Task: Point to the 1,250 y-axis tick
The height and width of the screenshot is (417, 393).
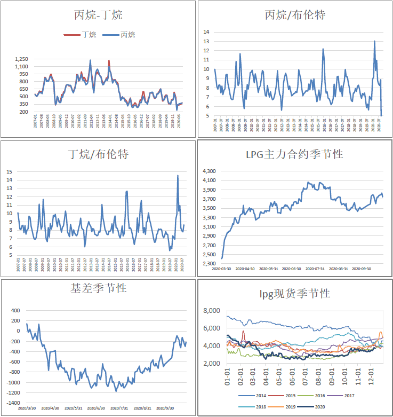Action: coord(21,59)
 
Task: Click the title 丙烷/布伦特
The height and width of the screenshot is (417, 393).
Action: coord(295,15)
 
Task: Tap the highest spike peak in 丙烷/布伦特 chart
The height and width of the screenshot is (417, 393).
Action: coord(374,41)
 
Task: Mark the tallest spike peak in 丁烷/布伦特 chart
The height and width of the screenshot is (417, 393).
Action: coord(178,176)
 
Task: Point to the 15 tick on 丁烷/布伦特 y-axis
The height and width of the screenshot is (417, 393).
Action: coord(9,171)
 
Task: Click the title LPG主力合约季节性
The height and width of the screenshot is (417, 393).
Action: coord(295,154)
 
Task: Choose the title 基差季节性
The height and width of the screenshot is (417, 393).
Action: coord(99,288)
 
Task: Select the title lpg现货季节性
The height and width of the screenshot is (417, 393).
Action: coord(295,294)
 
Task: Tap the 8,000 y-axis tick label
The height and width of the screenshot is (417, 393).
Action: coord(213,311)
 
